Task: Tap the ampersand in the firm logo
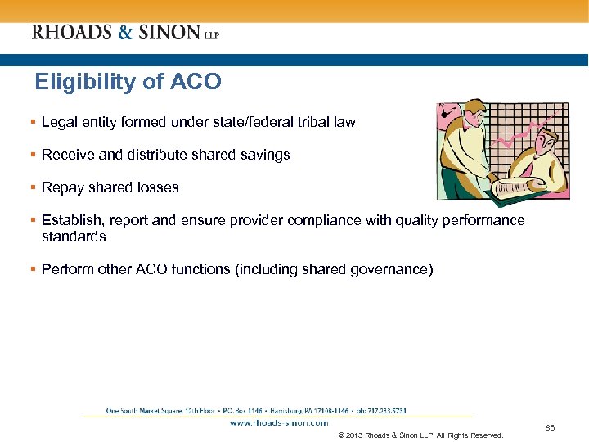tap(126, 33)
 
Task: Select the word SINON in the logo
tap(170, 33)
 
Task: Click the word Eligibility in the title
tap(78, 82)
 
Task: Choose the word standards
tap(74, 237)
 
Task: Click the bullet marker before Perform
tap(34, 269)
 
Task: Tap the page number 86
tap(549, 427)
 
